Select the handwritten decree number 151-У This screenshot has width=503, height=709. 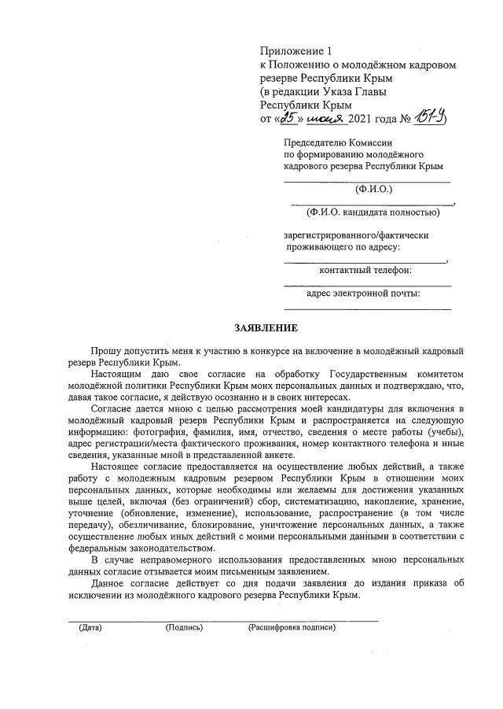(432, 117)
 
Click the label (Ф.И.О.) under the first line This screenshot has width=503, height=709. (373, 189)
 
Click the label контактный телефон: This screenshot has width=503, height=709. (365, 271)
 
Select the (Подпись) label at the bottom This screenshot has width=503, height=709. (184, 628)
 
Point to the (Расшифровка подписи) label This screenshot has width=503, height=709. (292, 628)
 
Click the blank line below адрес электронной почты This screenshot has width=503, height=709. (368, 307)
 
